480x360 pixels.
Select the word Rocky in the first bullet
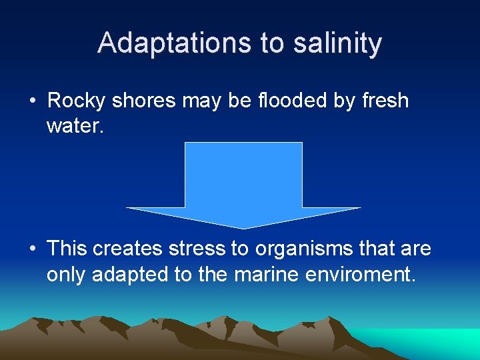[x=77, y=101]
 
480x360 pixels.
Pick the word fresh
[x=385, y=101]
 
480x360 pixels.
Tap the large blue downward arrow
[x=243, y=183]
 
